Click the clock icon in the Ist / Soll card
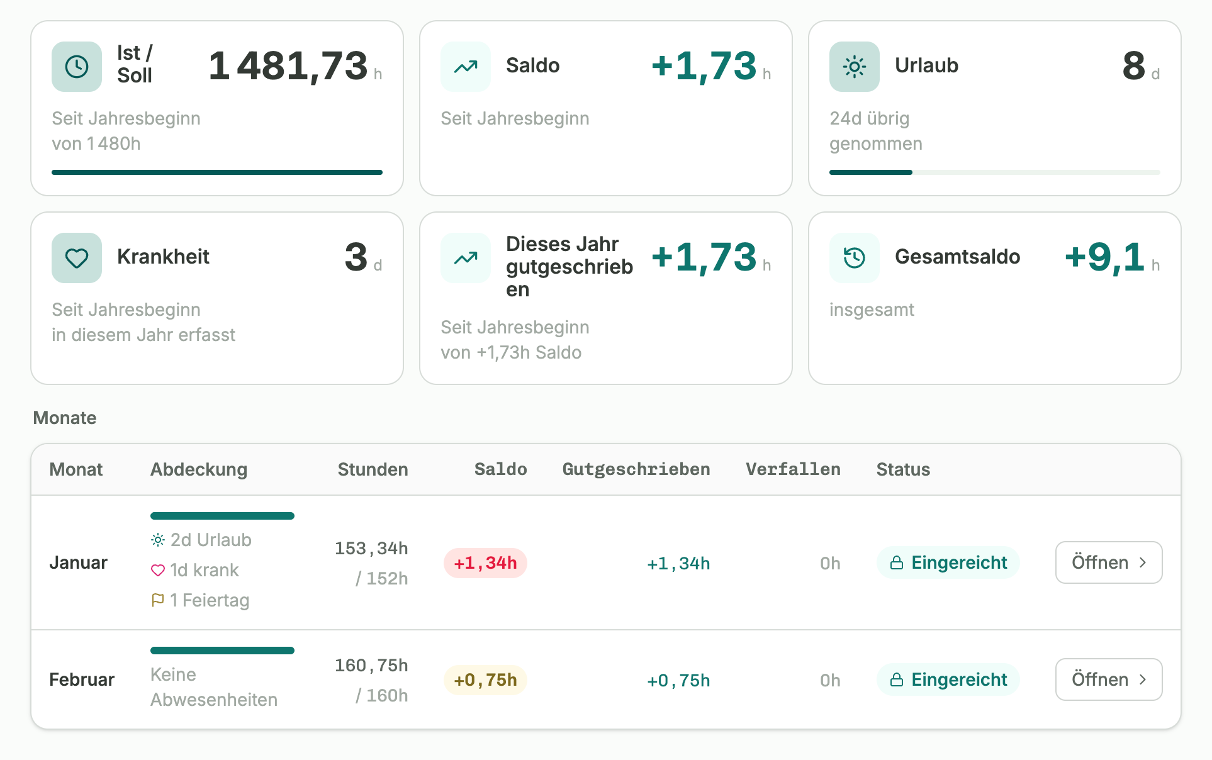pyautogui.click(x=77, y=67)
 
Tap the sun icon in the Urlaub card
pyautogui.click(x=855, y=67)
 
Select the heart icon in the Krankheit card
pyautogui.click(x=77, y=258)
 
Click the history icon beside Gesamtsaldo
pyautogui.click(x=855, y=258)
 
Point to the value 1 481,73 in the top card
pyautogui.click(x=288, y=65)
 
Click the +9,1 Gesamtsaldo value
pyautogui.click(x=1104, y=257)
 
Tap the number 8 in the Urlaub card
pyautogui.click(x=1134, y=65)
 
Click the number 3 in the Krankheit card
pyautogui.click(x=356, y=257)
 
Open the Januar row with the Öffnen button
pyautogui.click(x=1109, y=562)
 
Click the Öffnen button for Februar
pyautogui.click(x=1109, y=679)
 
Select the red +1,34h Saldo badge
pyautogui.click(x=485, y=562)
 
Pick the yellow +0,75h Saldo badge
pyautogui.click(x=485, y=679)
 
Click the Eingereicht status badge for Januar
pyautogui.click(x=948, y=562)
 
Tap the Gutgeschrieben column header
pyautogui.click(x=636, y=469)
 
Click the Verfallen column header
pyautogui.click(x=793, y=469)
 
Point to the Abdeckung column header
pyautogui.click(x=199, y=469)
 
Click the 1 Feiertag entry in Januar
pyautogui.click(x=200, y=600)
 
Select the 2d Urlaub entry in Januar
pyautogui.click(x=201, y=540)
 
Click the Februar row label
pyautogui.click(x=82, y=679)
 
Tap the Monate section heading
pyautogui.click(x=65, y=418)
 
